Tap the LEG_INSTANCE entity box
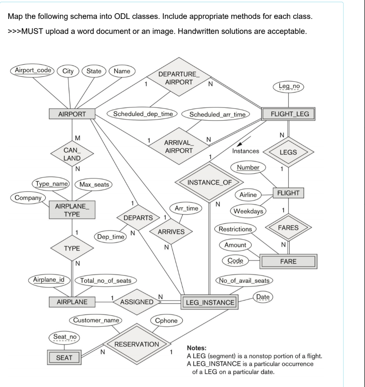[210, 302]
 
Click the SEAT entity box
[64, 358]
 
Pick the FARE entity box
[288, 261]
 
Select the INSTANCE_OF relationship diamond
[208, 183]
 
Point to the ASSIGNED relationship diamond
[137, 302]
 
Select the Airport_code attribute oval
[33, 71]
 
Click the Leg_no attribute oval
[289, 87]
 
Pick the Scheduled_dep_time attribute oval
[143, 114]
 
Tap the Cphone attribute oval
[167, 320]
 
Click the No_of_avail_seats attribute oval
[244, 280]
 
